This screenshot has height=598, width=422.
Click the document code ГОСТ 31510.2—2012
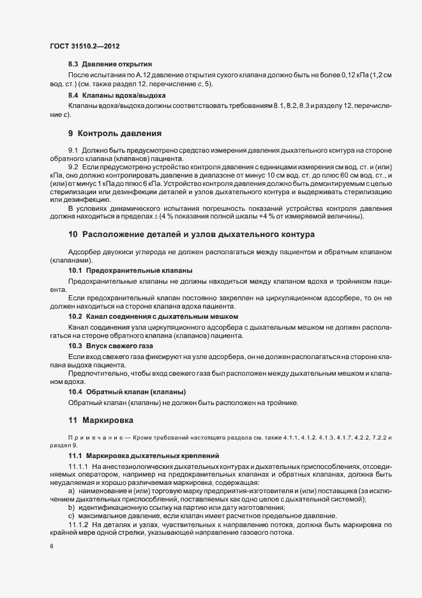click(x=84, y=47)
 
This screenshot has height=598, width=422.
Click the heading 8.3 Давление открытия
click(x=110, y=65)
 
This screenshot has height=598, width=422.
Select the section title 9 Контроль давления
click(x=114, y=134)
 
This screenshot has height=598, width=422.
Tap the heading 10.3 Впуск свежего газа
click(x=110, y=345)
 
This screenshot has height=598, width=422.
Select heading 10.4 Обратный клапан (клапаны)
click(x=127, y=391)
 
